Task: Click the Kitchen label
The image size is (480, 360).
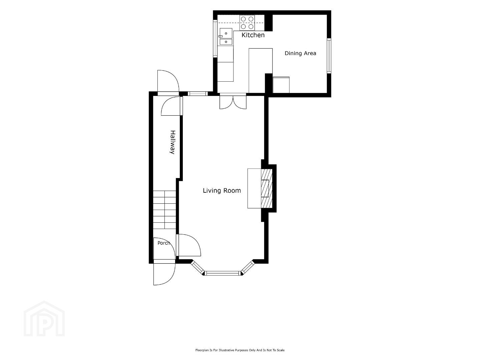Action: click(x=253, y=35)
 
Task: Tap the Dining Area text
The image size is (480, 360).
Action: click(x=300, y=53)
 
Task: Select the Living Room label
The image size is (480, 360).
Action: click(x=222, y=190)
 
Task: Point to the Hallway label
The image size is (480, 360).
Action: click(x=173, y=142)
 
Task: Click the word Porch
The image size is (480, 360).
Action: click(x=164, y=243)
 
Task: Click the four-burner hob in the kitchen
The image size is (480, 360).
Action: click(x=247, y=23)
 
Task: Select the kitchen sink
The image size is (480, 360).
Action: click(x=226, y=36)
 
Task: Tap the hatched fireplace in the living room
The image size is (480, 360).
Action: click(x=267, y=188)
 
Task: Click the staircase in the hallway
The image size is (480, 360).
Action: click(x=164, y=210)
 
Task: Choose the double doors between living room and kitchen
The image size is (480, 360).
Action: click(x=233, y=101)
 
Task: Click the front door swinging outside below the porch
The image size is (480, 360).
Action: click(x=164, y=272)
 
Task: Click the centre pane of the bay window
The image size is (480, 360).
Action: click(x=223, y=273)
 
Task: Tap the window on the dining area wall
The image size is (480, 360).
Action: click(x=329, y=56)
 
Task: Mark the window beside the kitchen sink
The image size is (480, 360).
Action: click(x=215, y=38)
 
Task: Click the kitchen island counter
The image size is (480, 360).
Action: click(x=261, y=71)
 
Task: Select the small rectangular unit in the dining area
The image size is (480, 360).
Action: click(x=281, y=85)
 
